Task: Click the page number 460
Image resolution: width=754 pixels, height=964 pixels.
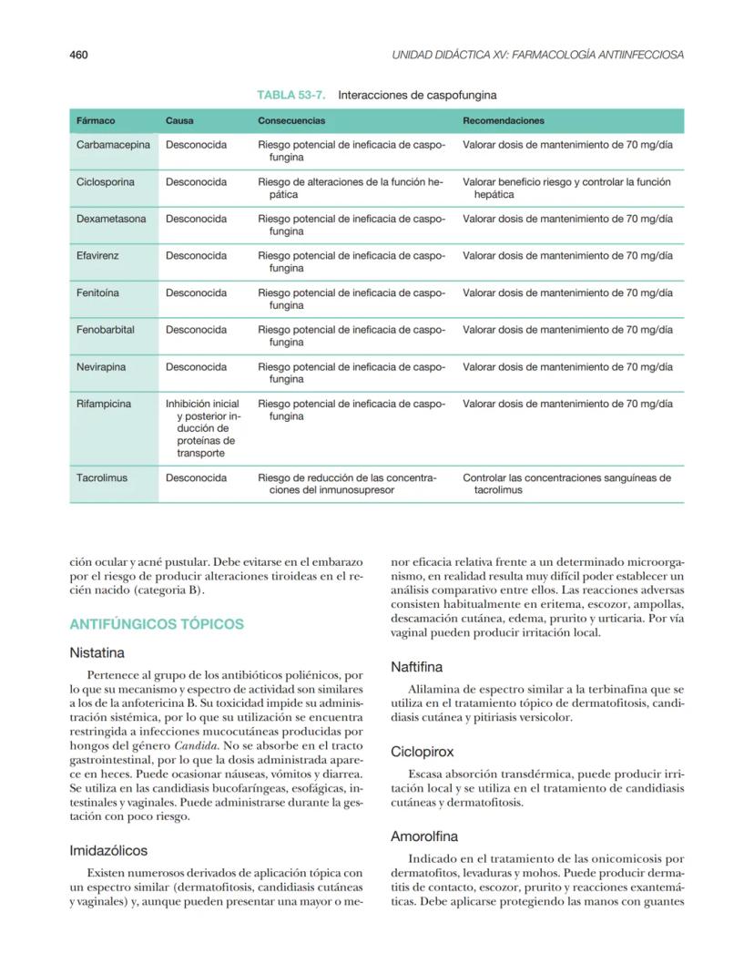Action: pos(78,55)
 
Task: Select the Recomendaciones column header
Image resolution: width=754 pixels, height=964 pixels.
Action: pos(504,120)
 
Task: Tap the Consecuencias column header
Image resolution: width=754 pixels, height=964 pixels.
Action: pos(291,120)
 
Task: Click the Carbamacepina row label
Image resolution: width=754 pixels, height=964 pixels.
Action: pos(113,145)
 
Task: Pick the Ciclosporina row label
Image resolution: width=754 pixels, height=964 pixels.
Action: pos(106,182)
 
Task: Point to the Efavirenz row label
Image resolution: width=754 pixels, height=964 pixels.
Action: pos(97,256)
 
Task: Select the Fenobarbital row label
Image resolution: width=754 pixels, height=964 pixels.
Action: pos(106,330)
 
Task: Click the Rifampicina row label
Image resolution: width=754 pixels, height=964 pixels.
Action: pos(104,404)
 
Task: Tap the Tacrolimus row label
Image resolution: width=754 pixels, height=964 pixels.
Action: pos(102,477)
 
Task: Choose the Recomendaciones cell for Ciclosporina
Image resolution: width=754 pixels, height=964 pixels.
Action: pos(566,188)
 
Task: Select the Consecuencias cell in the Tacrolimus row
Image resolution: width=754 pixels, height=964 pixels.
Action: pos(347,483)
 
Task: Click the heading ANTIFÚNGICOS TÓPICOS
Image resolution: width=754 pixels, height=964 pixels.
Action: pos(157,624)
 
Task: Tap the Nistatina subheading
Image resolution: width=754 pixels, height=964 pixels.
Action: pos(97,653)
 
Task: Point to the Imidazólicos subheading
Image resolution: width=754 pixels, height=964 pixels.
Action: pos(108,850)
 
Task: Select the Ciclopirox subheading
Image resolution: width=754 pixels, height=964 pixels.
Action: pos(422,752)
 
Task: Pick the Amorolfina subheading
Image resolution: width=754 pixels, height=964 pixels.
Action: pos(424,836)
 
